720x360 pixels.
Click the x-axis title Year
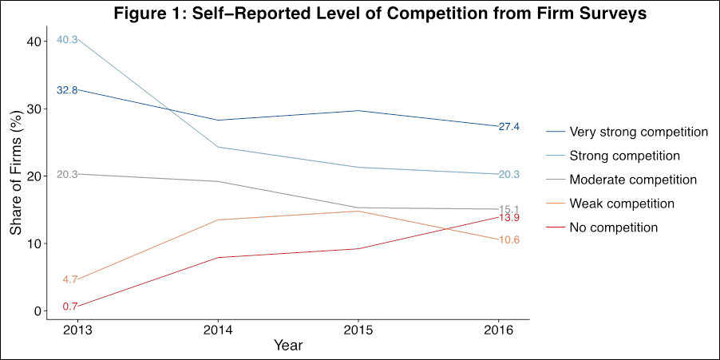(288, 346)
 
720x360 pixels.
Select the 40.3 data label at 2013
(68, 40)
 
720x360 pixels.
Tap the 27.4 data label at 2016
(509, 126)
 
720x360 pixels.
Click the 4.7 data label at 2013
(69, 279)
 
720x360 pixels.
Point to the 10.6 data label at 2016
(509, 240)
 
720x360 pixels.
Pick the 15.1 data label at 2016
(509, 209)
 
